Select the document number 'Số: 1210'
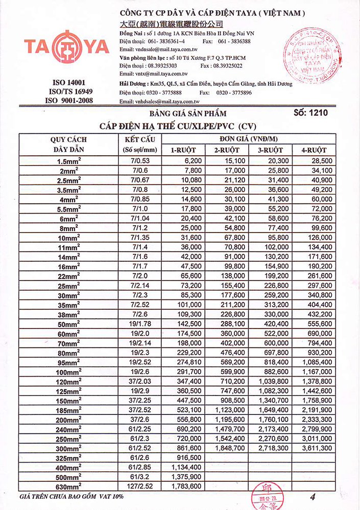(x=311, y=112)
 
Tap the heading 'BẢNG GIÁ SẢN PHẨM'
(x=187, y=113)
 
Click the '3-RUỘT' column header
(x=271, y=150)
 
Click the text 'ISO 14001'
(x=69, y=83)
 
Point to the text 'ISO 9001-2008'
(x=69, y=101)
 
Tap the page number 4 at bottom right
(x=312, y=496)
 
